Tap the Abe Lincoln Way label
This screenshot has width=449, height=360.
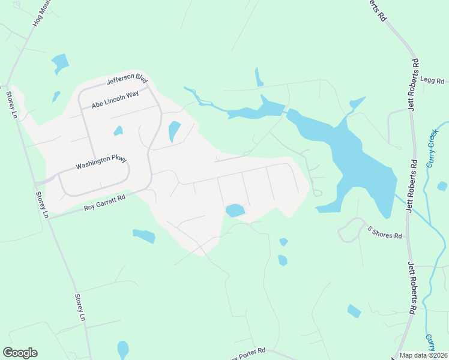click(x=115, y=99)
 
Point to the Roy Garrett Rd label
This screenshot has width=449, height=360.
click(x=104, y=202)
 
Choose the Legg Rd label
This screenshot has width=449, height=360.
click(x=432, y=79)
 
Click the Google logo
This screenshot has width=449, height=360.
click(x=20, y=353)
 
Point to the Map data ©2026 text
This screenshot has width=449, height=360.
click(x=423, y=355)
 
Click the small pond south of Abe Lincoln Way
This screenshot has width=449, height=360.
click(x=118, y=130)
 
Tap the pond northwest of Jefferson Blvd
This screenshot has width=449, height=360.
click(x=60, y=62)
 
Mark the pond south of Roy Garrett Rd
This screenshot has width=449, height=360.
click(x=144, y=236)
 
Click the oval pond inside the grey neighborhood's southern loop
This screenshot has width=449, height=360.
click(x=235, y=210)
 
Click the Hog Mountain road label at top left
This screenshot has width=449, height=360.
click(x=40, y=13)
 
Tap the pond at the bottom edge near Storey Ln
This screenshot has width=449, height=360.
click(x=123, y=349)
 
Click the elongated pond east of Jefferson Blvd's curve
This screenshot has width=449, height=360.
click(x=174, y=131)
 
